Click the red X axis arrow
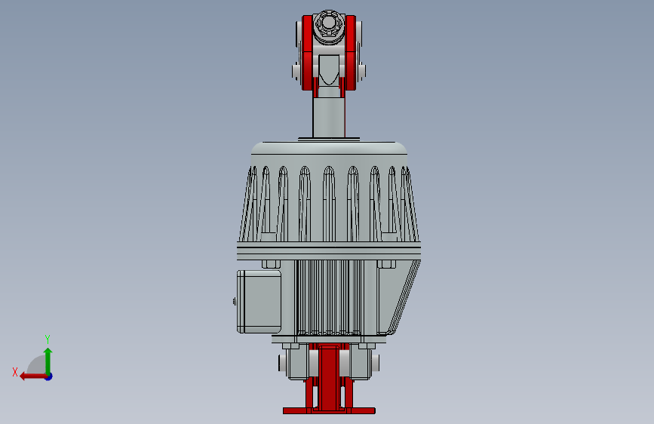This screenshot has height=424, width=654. point(30,375)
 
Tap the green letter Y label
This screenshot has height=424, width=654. point(48,339)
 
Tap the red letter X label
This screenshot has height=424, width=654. point(14,372)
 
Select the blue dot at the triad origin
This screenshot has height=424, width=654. point(48,376)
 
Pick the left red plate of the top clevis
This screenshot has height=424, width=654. point(307,53)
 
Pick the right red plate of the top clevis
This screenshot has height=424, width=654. point(351,53)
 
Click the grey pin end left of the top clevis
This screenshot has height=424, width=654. point(295,71)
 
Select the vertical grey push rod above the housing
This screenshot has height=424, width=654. point(329,117)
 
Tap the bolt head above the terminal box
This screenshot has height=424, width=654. point(271,263)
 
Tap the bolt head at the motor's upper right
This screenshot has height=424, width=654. point(386,263)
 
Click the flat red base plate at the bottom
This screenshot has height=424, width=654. point(329,411)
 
